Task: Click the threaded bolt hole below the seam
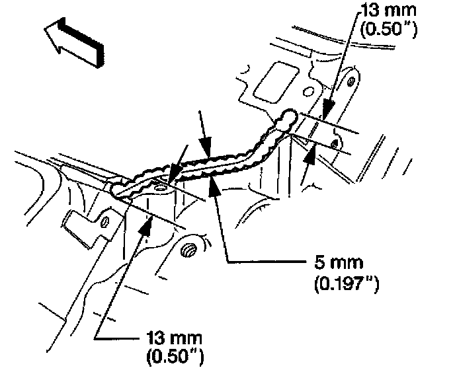pyautogui.click(x=189, y=250)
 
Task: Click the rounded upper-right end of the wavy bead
pyautogui.click(x=288, y=119)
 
